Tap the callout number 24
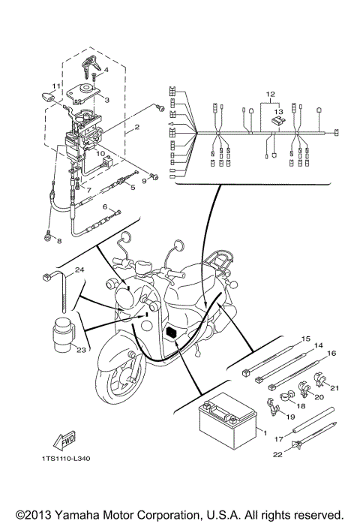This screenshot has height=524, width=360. click(79, 270)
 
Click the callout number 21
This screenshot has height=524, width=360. click(335, 389)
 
